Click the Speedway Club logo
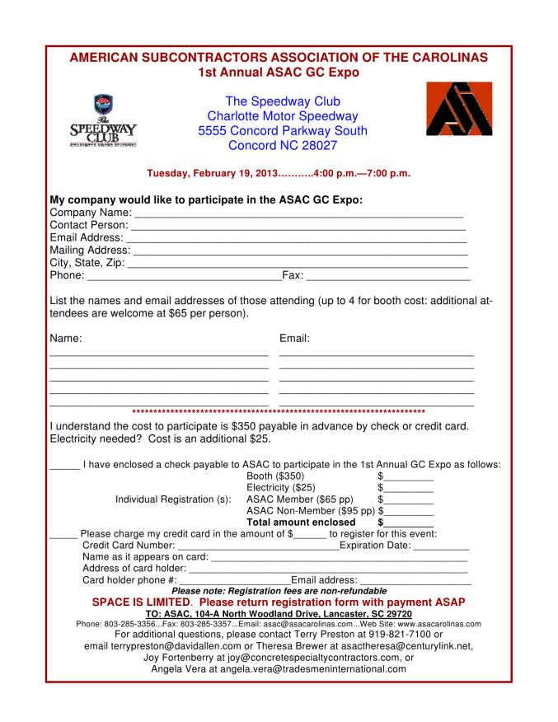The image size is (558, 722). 103,121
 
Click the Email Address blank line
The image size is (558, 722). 297,238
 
